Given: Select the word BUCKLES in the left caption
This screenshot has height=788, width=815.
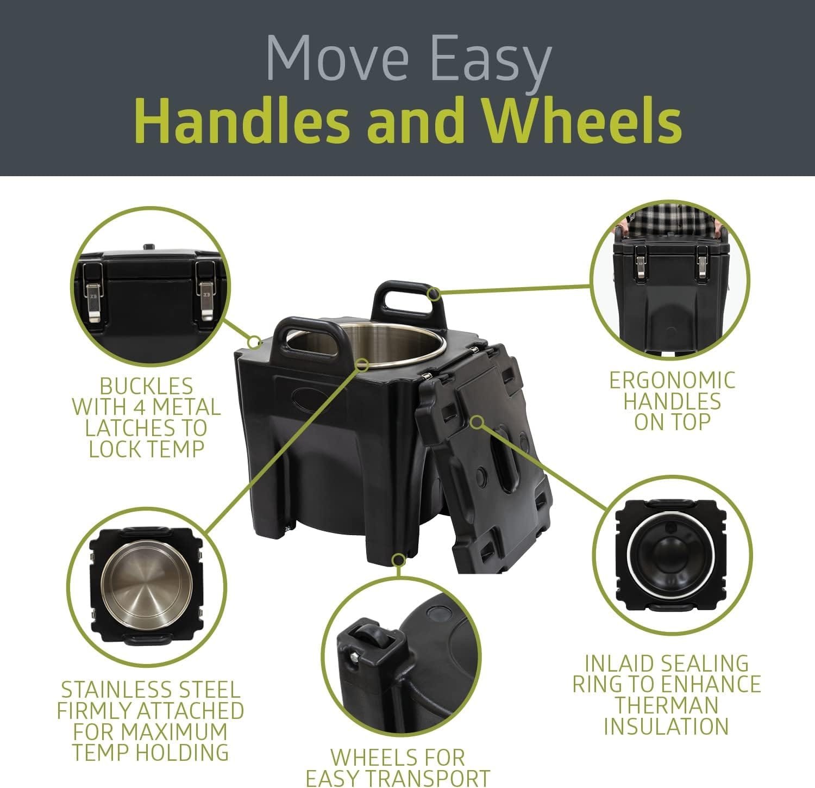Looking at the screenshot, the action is point(146,386).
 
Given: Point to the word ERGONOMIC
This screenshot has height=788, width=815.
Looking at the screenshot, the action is point(672,381).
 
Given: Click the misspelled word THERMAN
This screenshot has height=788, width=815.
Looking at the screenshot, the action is point(667,705).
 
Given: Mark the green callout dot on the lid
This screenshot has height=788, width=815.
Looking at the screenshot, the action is point(477,422).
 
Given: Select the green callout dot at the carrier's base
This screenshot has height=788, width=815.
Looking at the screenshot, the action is point(399,560).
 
